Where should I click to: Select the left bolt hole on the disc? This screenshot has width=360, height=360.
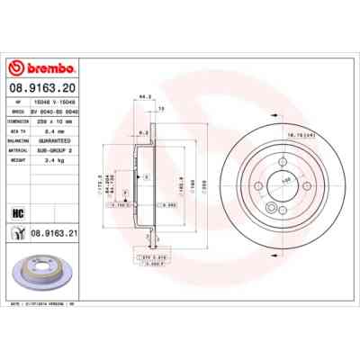coord(259,188)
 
